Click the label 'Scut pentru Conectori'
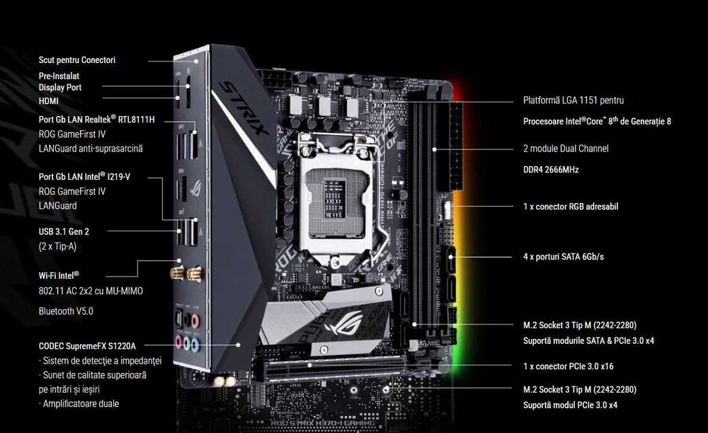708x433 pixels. pos(76,60)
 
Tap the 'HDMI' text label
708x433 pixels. pos(48,101)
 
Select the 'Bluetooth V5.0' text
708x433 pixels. pos(66,311)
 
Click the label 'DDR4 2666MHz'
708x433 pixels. pos(551,170)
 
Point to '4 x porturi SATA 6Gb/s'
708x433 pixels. pos(564,257)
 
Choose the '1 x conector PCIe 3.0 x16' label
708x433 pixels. pos(569,366)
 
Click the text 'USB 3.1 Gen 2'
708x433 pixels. pos(64,232)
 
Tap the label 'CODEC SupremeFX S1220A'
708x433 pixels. pos(87,347)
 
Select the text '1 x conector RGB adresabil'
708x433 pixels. pos(571,207)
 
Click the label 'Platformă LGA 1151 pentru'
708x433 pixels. pos(573,100)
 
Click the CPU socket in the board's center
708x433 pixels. pos(336,198)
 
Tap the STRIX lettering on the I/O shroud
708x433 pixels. pos(244,108)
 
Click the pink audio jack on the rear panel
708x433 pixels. pos(179,342)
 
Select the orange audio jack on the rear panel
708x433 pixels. pos(195,321)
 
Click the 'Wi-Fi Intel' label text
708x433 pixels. pos(59,276)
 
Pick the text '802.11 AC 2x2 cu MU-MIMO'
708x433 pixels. pos(91,291)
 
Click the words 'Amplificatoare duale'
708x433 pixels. pos(81,404)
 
